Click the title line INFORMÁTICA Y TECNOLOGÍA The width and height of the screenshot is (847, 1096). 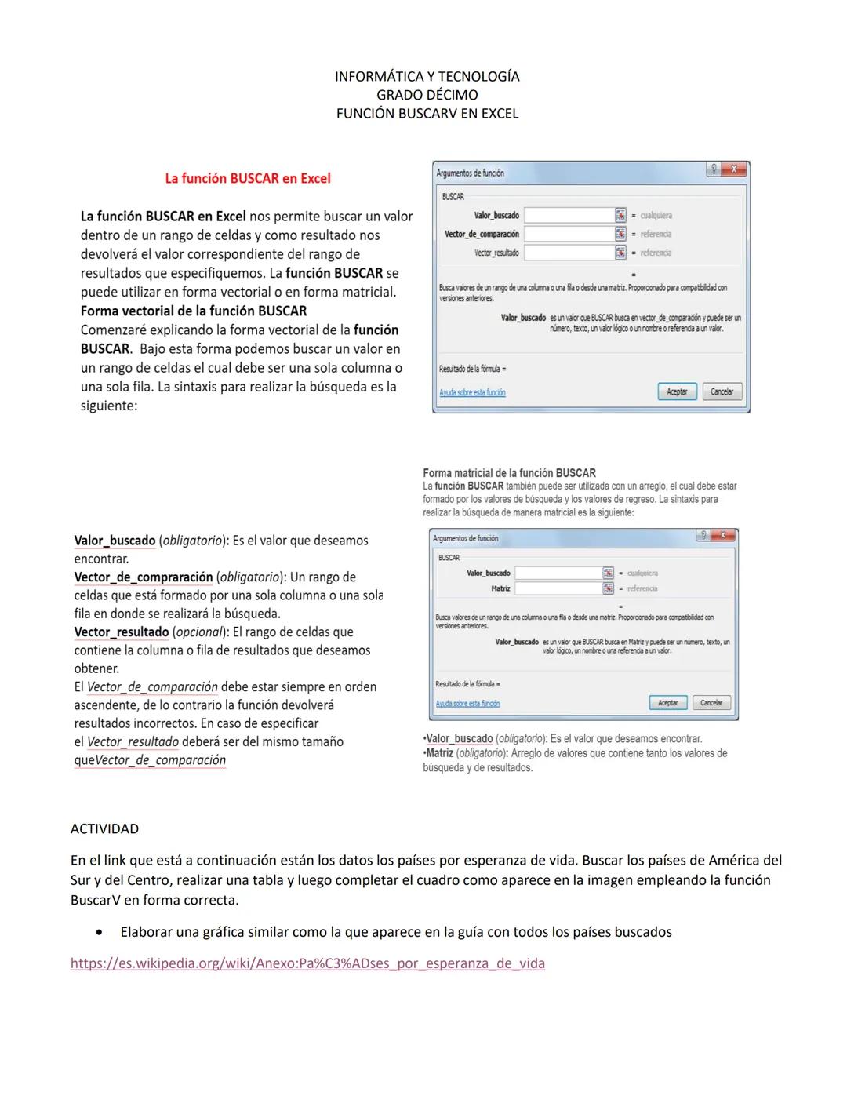[x=427, y=76]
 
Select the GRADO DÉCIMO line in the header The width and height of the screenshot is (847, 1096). [x=427, y=95]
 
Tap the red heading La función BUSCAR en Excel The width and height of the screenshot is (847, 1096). [x=248, y=179]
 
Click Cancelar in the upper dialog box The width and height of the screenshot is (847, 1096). [x=722, y=391]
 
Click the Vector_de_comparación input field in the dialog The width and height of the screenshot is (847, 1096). [x=569, y=234]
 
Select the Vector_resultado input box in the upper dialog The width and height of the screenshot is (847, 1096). [x=569, y=253]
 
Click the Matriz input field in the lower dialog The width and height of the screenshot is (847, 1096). [x=558, y=588]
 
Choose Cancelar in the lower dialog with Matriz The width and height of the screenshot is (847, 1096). [x=711, y=703]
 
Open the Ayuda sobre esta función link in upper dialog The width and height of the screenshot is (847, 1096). [x=472, y=392]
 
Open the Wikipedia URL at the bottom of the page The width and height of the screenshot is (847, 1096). [x=307, y=963]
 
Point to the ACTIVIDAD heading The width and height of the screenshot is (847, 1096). [x=104, y=829]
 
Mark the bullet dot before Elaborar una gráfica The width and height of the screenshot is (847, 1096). [x=98, y=933]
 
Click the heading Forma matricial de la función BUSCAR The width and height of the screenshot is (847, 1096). [x=509, y=473]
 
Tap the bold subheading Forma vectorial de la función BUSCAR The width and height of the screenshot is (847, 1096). [x=194, y=311]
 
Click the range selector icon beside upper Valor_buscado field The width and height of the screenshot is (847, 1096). [x=620, y=215]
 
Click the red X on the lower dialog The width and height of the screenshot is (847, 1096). [x=724, y=536]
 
